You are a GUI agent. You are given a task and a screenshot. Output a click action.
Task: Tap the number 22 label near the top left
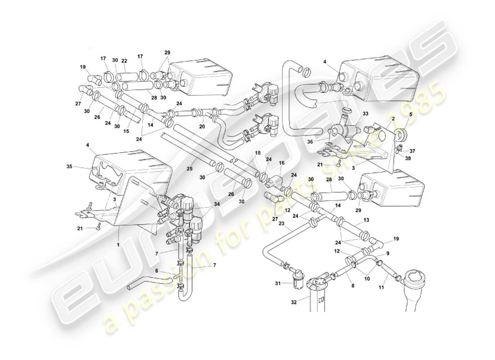(x=124, y=61)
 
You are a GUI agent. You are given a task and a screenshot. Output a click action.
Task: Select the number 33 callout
(x=353, y=113)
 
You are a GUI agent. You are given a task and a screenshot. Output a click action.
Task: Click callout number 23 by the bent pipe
(x=281, y=223)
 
